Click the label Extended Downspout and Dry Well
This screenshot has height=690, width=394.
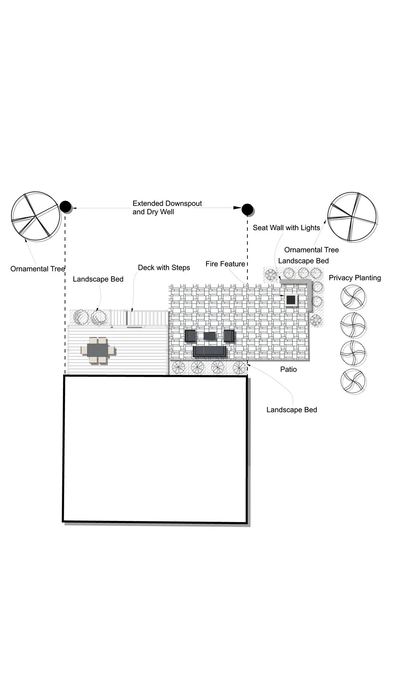coord(167,208)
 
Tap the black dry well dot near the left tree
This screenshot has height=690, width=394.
coord(65,206)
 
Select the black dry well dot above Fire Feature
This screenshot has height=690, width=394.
coord(247,210)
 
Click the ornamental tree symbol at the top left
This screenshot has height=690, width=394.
coord(36,216)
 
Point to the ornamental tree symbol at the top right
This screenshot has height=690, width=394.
coord(352,217)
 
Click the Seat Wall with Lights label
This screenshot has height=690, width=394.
coord(286,228)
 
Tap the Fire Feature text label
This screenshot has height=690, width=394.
coord(225,264)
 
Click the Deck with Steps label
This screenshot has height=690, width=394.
coord(164,268)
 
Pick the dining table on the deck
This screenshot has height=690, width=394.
coord(98,350)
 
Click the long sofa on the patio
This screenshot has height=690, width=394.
coord(210,352)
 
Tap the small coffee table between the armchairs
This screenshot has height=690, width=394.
coord(210,336)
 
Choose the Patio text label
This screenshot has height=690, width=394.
coord(288,370)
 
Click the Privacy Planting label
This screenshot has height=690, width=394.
coord(355,278)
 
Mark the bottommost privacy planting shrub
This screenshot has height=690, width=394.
coord(353,381)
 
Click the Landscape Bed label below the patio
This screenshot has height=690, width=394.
coord(292,410)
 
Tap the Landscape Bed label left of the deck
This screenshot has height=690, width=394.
coord(98,279)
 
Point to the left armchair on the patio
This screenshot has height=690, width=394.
coord(190,336)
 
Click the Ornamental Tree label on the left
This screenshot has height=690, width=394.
coord(37,269)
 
